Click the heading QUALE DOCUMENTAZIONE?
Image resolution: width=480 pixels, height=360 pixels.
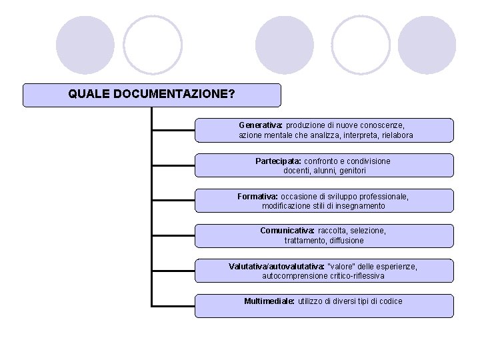[151, 94]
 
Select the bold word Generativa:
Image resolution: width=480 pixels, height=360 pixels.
[261, 125]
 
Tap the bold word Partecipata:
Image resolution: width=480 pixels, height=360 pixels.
[278, 161]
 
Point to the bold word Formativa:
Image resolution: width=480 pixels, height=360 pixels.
[258, 197]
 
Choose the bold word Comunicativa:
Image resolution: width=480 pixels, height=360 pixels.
[287, 231]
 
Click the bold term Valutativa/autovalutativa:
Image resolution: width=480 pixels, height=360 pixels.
[277, 266]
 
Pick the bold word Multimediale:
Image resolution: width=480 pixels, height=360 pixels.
[269, 301]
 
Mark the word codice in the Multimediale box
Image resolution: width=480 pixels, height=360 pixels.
[390, 301]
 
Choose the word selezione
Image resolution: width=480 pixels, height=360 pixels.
[367, 231]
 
